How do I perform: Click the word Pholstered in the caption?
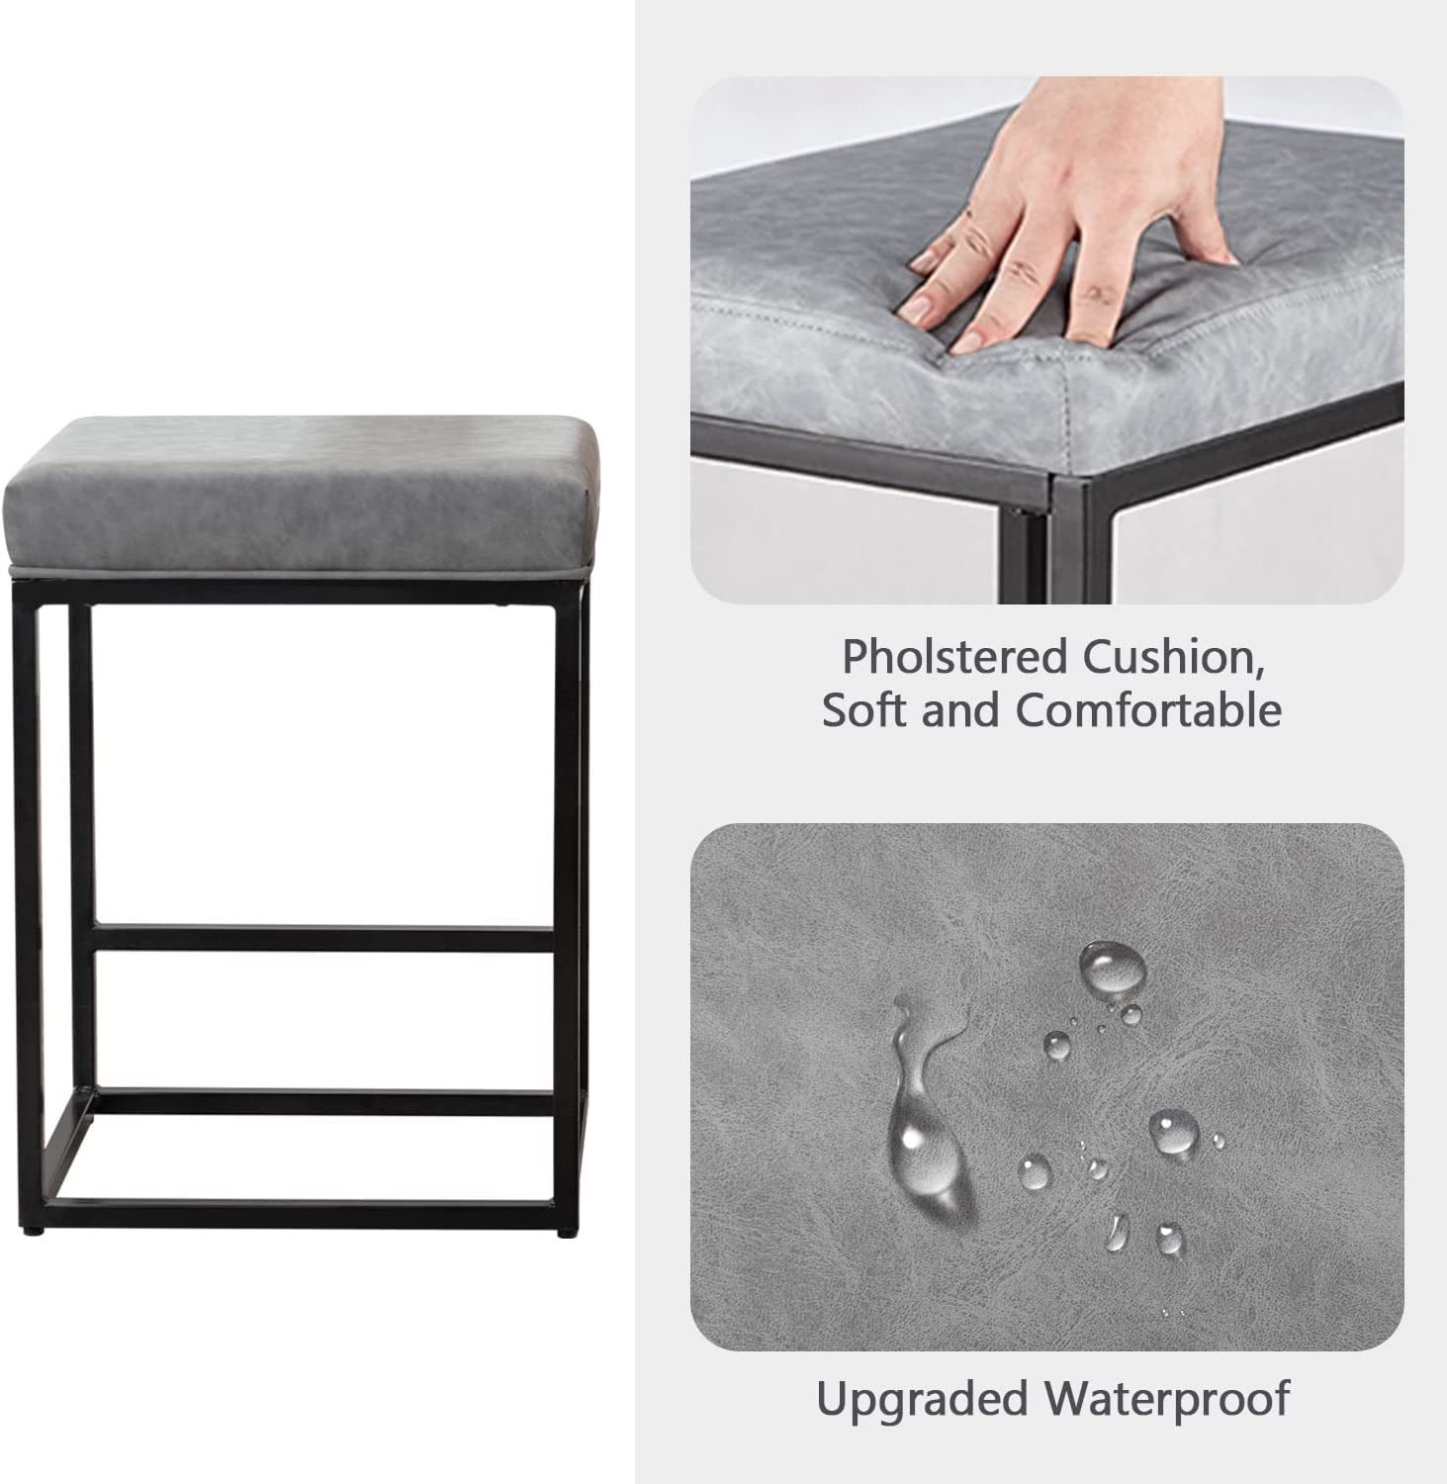click(x=955, y=657)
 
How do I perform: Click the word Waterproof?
click(x=1168, y=1399)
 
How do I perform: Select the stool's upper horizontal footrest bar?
click(x=323, y=937)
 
